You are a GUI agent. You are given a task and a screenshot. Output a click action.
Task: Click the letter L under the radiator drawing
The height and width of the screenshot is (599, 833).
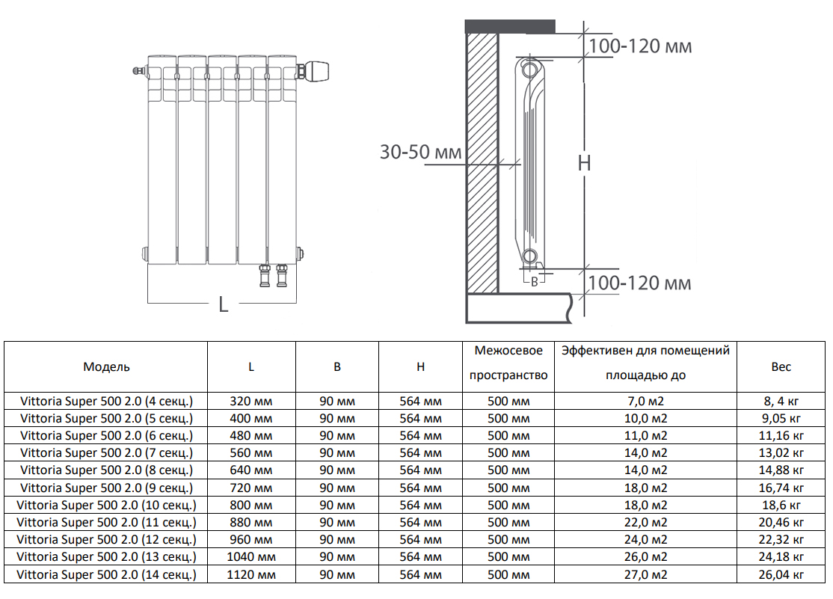[223, 304]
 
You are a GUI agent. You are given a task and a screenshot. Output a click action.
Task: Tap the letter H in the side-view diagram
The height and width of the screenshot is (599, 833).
[584, 162]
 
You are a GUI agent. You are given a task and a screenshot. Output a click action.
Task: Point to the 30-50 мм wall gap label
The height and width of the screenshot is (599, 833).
[421, 153]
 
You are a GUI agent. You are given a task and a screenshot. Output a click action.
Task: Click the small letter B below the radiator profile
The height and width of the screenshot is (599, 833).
[534, 282]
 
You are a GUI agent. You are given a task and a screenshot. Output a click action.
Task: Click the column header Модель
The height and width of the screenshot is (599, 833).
[106, 366]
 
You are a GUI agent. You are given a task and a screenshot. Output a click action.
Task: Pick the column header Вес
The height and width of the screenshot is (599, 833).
[781, 366]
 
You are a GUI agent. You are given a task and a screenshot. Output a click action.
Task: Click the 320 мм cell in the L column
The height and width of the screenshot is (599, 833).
[251, 401]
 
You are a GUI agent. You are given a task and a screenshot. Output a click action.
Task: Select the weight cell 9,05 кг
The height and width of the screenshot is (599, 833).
[781, 418]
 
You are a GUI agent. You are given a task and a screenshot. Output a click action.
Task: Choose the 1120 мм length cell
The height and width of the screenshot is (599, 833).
[251, 574]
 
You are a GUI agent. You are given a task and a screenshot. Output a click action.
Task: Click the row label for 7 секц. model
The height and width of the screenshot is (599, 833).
[106, 452]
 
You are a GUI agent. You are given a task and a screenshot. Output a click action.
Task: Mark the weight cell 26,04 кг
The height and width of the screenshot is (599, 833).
[781, 574]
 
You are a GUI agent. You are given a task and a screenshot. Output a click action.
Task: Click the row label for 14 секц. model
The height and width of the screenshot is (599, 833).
[106, 574]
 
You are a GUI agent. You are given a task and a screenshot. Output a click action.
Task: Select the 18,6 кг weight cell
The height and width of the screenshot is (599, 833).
[781, 505]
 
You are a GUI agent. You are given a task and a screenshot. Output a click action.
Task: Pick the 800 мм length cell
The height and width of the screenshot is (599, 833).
[251, 505]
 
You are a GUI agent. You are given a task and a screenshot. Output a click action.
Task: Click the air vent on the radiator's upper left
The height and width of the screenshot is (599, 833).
[136, 72]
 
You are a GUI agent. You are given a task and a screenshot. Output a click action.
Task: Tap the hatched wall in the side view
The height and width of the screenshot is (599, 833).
[482, 165]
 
